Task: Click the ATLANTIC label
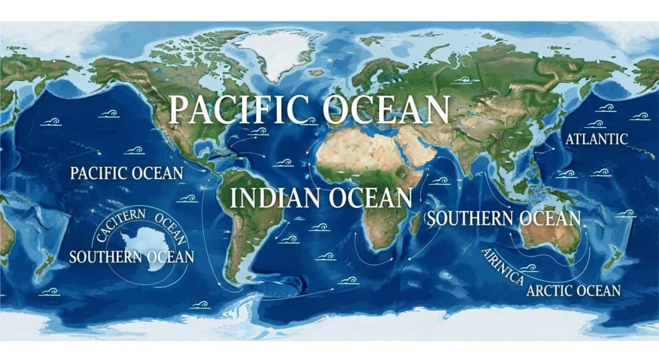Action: [595, 138]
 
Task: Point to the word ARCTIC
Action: [549, 290]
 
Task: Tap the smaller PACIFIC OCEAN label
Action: [127, 173]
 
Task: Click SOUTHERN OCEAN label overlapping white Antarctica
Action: [131, 257]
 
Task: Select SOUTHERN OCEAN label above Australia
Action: [504, 218]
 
